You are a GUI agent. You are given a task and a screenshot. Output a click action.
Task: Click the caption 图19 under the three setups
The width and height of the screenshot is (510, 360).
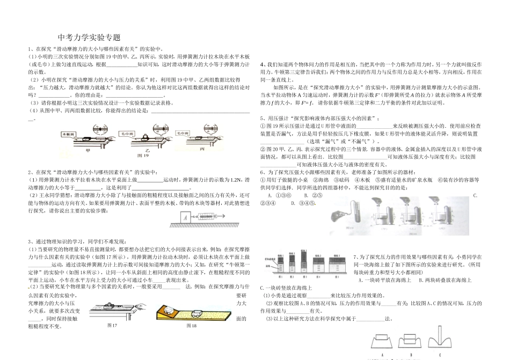(143, 155)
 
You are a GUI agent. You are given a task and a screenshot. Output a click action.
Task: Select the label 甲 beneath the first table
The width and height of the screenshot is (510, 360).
(88, 150)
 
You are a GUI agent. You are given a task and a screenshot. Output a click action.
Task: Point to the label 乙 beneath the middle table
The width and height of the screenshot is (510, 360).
(146, 150)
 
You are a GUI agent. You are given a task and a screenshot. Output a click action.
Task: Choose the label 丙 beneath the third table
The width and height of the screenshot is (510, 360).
(201, 150)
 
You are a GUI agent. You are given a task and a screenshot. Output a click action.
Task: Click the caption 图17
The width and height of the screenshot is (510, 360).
(112, 326)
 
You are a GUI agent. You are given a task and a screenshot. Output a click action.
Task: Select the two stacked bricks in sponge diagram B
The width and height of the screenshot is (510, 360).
(411, 340)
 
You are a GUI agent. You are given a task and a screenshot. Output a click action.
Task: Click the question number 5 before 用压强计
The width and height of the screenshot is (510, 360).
(261, 117)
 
